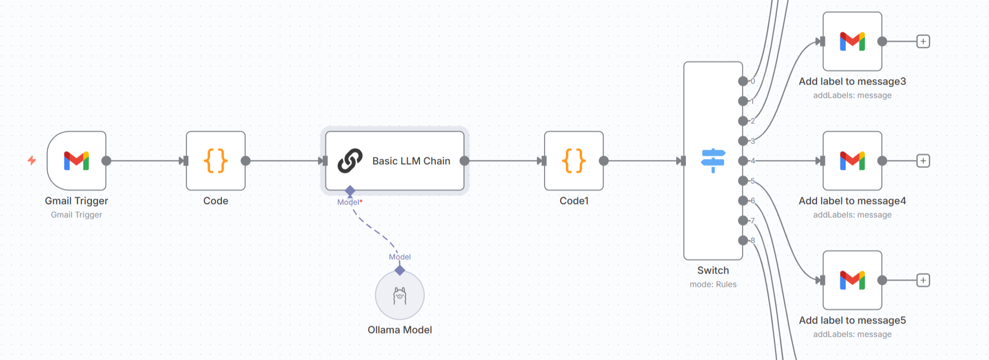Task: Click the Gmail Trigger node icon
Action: [x=76, y=160]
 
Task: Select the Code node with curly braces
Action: [x=216, y=160]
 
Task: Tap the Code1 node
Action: [x=573, y=160]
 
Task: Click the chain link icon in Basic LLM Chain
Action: [x=350, y=160]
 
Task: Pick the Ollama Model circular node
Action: [x=400, y=296]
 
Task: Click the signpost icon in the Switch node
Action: [x=713, y=160]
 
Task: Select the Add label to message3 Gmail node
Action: [x=852, y=41]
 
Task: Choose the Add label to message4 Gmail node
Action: [x=852, y=160]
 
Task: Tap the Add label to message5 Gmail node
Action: [x=852, y=280]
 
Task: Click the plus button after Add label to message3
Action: [x=923, y=41]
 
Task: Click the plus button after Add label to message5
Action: [x=923, y=280]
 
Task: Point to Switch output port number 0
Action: [x=743, y=81]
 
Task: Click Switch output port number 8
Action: [x=743, y=241]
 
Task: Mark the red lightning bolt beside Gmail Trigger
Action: [x=32, y=160]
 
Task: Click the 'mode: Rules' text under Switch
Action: [x=713, y=285]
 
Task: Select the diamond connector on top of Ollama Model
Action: [x=400, y=270]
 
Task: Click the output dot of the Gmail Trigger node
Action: [x=106, y=160]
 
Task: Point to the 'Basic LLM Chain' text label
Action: [x=411, y=161]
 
